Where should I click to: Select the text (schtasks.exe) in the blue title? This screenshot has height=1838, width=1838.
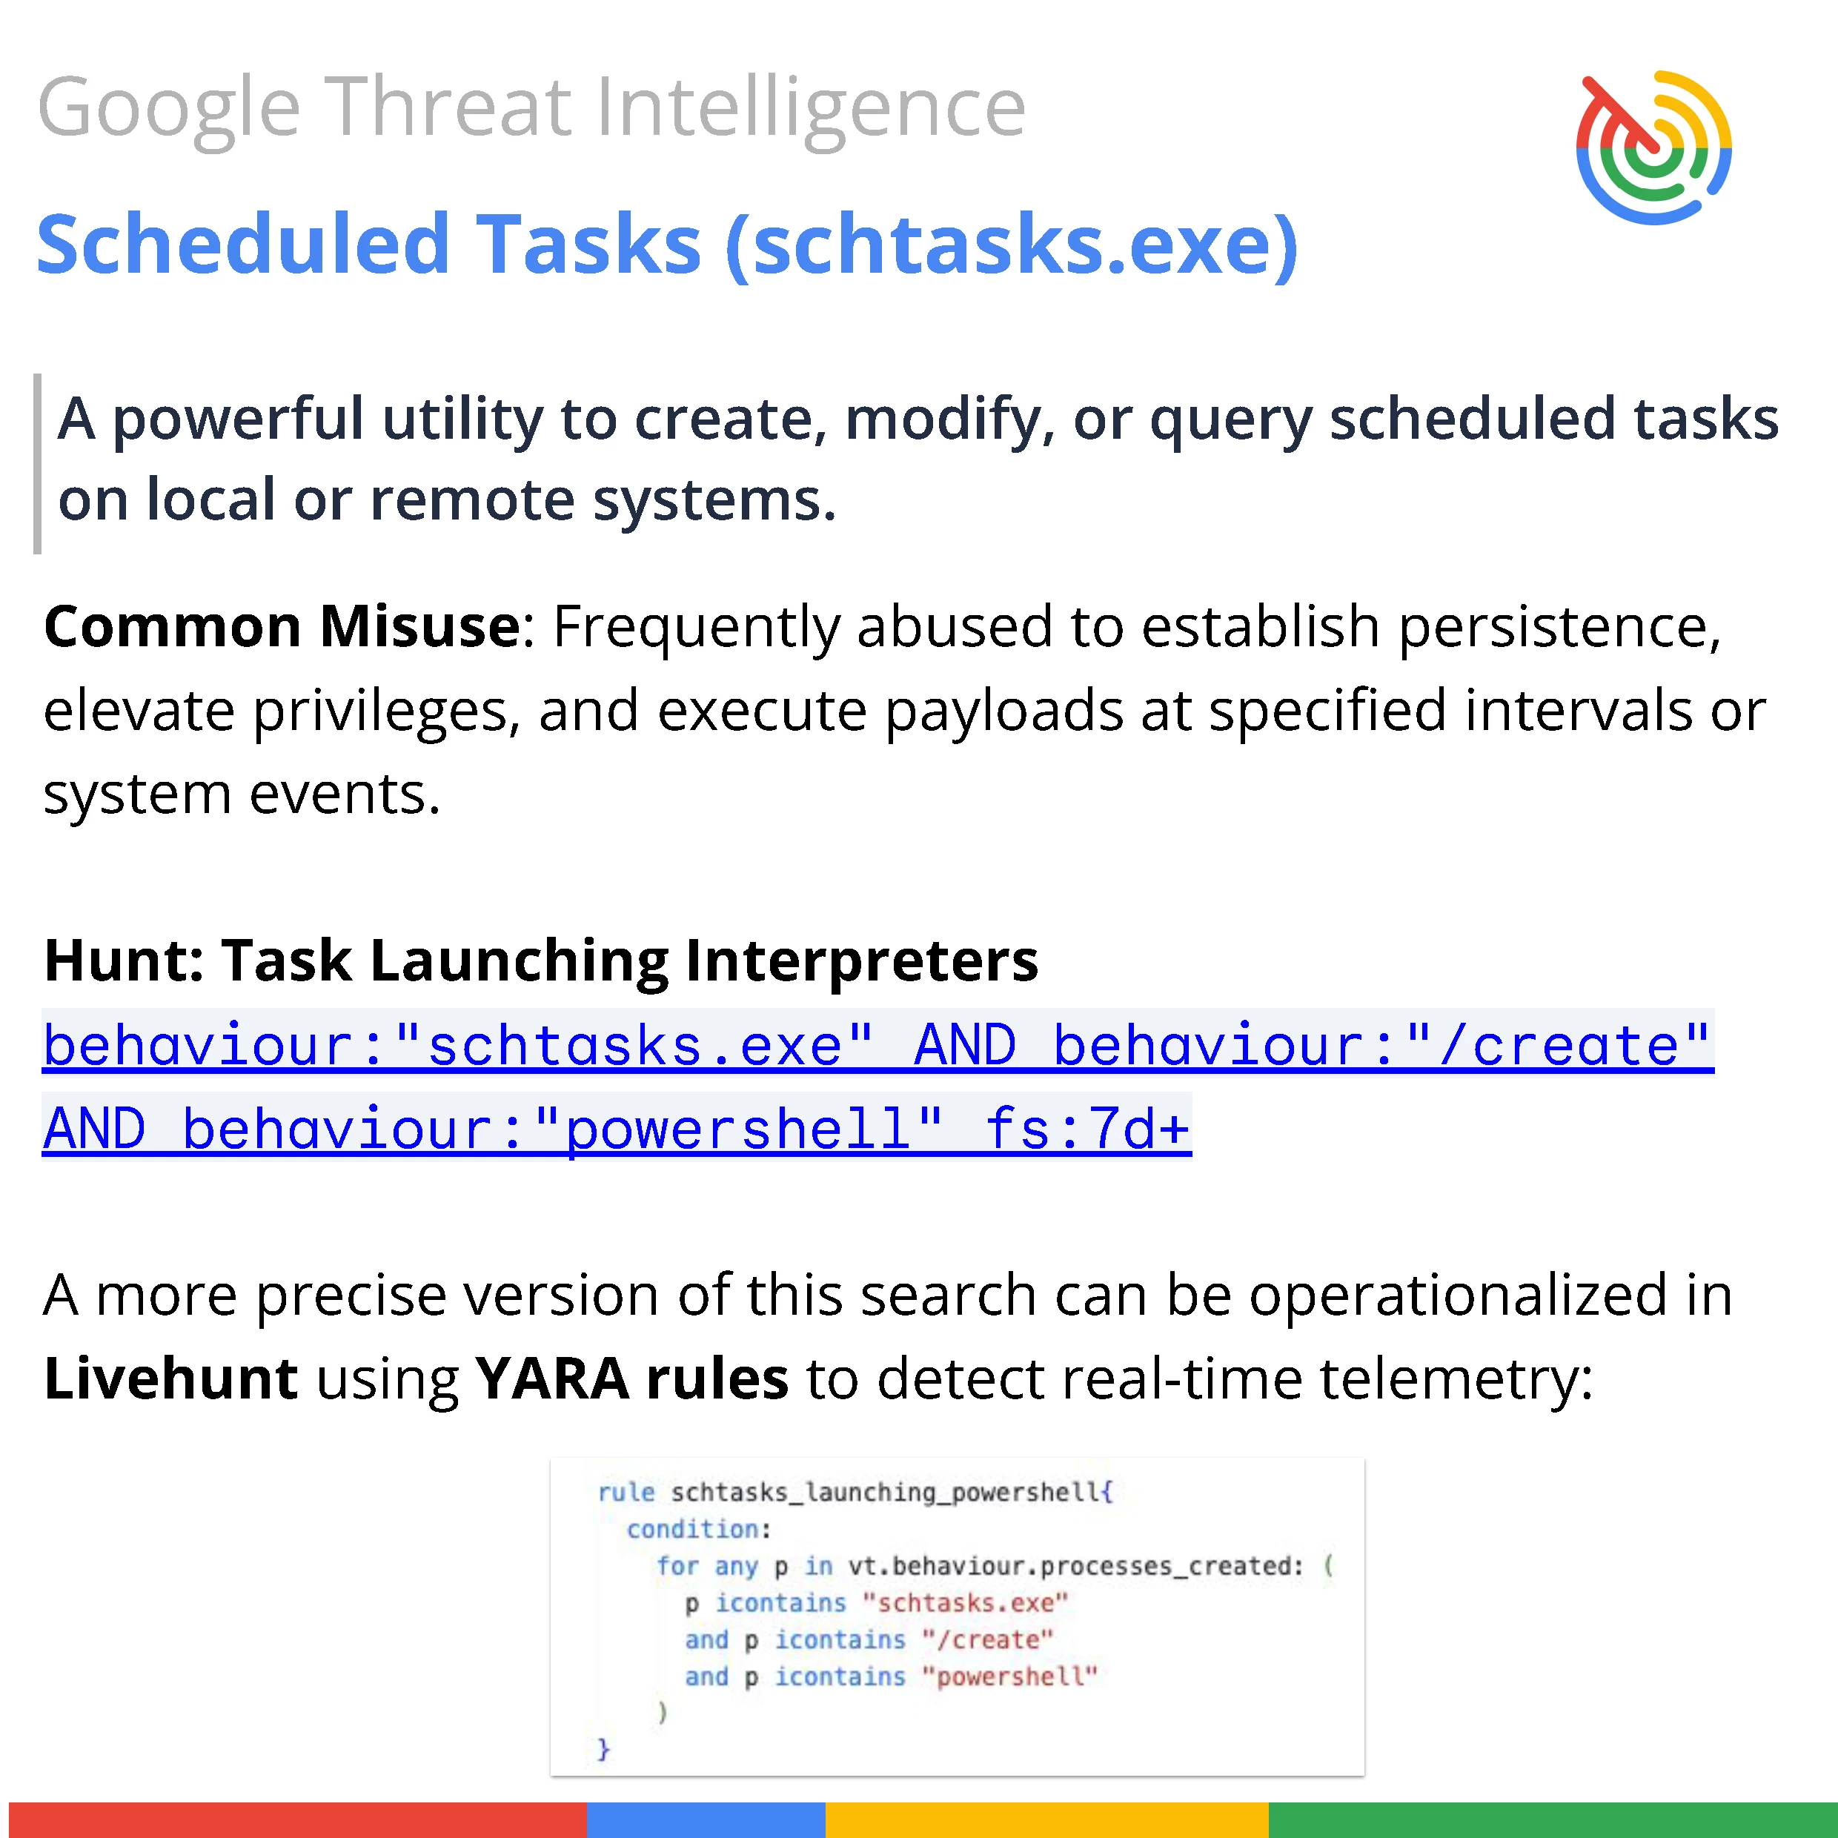(1012, 245)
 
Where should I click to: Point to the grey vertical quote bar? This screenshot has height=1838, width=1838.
(37, 463)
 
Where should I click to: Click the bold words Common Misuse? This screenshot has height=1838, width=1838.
(282, 626)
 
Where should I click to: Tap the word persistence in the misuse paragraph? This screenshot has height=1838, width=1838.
(1559, 628)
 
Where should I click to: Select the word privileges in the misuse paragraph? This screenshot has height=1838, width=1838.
(386, 711)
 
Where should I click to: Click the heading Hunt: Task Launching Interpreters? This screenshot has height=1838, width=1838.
(541, 959)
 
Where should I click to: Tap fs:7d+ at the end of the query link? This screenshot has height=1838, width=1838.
(1087, 1129)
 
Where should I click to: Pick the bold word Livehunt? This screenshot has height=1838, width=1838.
(171, 1378)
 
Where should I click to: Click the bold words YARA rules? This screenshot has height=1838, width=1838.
(631, 1378)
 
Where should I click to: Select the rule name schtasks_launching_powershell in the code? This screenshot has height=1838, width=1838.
(886, 1492)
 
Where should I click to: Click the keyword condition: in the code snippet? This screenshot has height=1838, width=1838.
(698, 1529)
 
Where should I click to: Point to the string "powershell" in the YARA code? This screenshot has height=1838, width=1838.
(1009, 1676)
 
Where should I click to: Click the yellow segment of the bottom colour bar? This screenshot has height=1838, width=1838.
(1046, 1819)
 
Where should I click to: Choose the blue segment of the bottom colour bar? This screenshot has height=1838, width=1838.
(706, 1819)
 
